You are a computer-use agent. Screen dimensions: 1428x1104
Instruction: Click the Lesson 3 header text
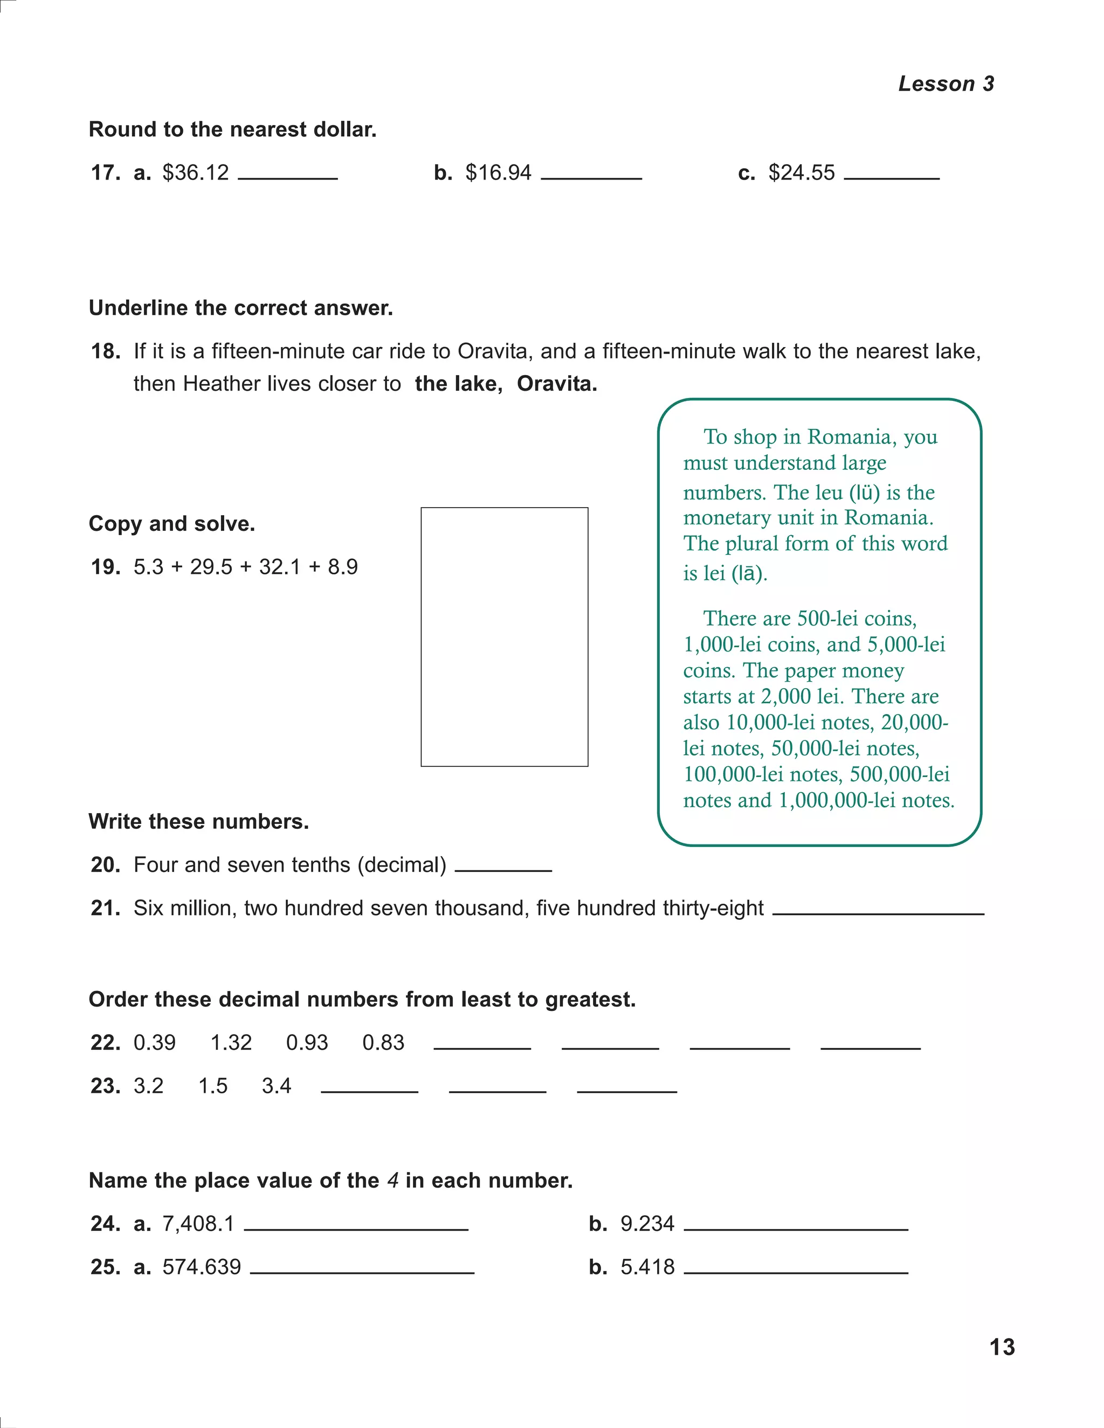click(x=946, y=84)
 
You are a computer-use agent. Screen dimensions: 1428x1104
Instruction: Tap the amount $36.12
click(x=196, y=172)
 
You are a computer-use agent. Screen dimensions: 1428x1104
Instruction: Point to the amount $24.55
click(x=801, y=172)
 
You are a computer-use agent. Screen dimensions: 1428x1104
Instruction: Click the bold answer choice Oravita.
click(x=556, y=384)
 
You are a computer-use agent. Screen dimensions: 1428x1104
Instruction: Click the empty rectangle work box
click(x=504, y=636)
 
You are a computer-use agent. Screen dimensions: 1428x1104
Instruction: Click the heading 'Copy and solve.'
click(x=172, y=524)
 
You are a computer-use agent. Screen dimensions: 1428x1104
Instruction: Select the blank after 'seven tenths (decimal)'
click(x=503, y=870)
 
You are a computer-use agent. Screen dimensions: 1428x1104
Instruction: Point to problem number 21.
click(x=105, y=908)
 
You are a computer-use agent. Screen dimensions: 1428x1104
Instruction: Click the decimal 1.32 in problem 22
click(x=231, y=1042)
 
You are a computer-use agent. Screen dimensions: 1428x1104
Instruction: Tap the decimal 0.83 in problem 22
click(x=383, y=1042)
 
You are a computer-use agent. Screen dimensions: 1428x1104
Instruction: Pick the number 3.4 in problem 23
click(x=276, y=1085)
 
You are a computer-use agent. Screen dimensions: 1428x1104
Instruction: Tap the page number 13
click(x=1002, y=1348)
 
